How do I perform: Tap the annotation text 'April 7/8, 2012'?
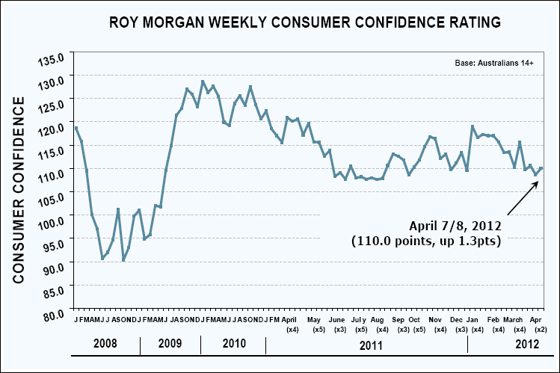pyautogui.click(x=454, y=225)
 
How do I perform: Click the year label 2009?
pyautogui.click(x=170, y=346)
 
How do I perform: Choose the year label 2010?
pyautogui.click(x=235, y=346)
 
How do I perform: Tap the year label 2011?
pyautogui.click(x=366, y=346)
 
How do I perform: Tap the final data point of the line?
pyautogui.click(x=541, y=168)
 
